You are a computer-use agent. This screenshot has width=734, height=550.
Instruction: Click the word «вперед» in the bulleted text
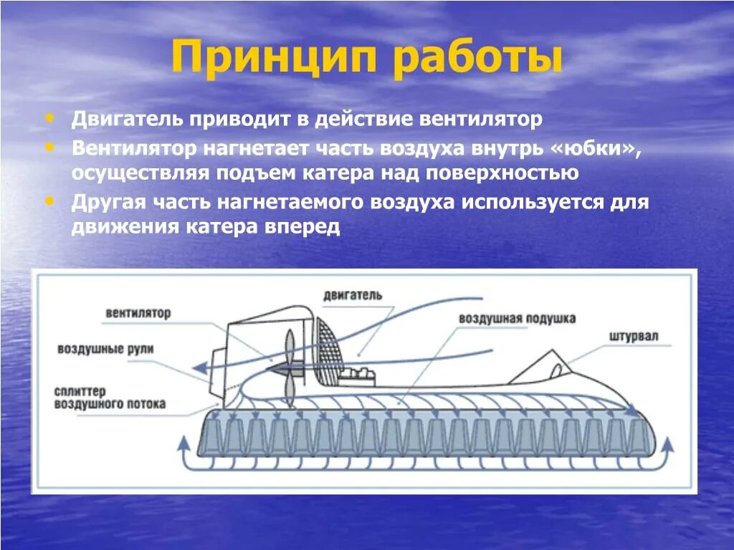tap(304, 227)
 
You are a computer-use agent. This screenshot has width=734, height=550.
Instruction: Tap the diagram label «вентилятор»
tap(138, 313)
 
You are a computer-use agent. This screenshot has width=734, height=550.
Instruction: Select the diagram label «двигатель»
tap(353, 295)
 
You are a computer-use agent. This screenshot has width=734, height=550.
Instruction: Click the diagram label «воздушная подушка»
tap(517, 319)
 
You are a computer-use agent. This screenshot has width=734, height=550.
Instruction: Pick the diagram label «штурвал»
tap(633, 337)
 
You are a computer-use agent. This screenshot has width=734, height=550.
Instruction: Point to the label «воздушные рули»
tap(106, 349)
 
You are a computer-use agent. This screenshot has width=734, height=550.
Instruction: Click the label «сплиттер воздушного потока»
tap(109, 397)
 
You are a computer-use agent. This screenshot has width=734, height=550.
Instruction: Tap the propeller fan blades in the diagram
tap(289, 367)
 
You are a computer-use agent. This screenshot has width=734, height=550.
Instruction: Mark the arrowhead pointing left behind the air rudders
tap(202, 369)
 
